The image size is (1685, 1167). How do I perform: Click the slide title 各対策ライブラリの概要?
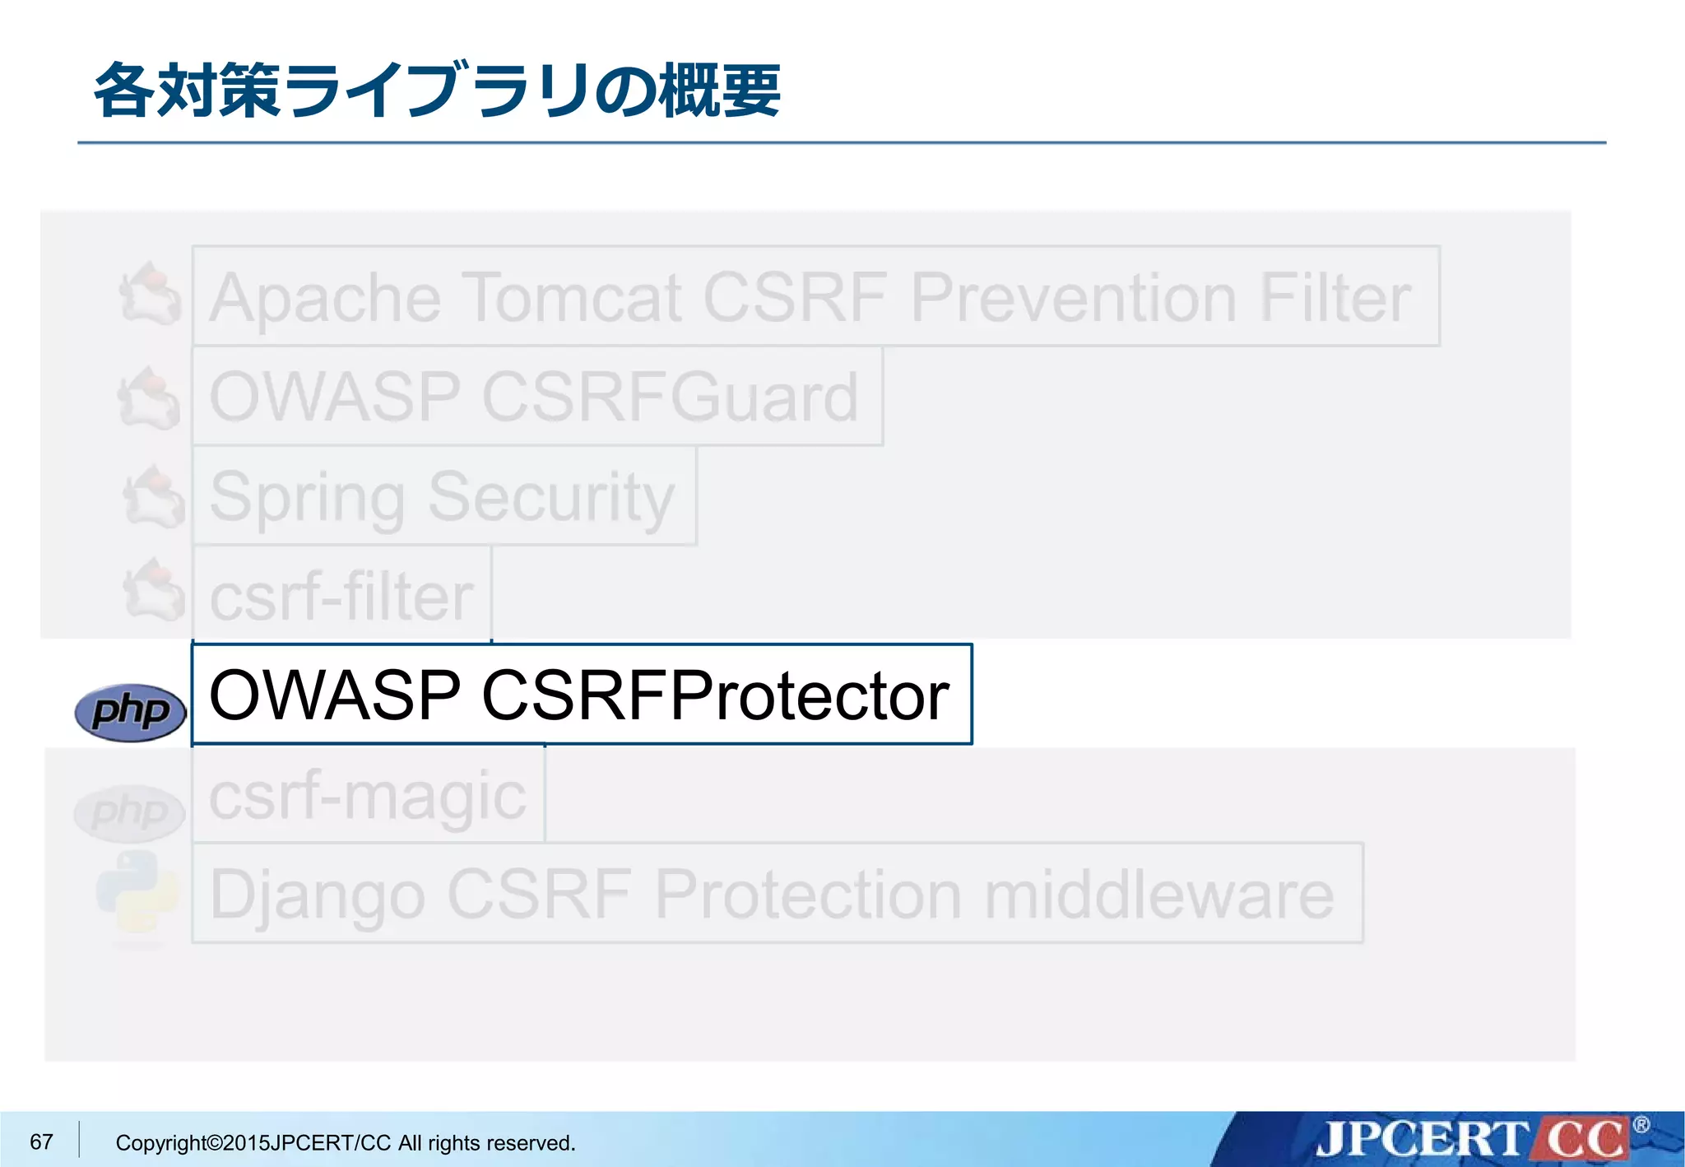tap(437, 91)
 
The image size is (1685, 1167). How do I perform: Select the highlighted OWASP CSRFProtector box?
tap(581, 695)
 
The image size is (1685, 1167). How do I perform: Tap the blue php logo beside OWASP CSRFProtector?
tap(130, 711)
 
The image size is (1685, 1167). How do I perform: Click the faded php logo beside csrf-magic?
tap(129, 812)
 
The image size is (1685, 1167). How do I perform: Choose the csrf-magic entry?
tap(368, 796)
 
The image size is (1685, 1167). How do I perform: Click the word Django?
tap(318, 895)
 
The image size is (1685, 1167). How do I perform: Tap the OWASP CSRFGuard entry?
tap(535, 397)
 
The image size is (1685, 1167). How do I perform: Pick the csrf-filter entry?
tap(341, 596)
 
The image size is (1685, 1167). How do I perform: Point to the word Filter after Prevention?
tap(1335, 297)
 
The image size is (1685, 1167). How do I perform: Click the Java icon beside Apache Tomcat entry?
tap(151, 294)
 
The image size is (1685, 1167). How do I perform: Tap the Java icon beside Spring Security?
tap(154, 495)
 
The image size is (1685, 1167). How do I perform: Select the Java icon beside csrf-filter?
tap(154, 590)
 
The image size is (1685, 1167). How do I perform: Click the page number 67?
tap(41, 1141)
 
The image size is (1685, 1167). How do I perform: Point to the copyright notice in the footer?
tap(346, 1142)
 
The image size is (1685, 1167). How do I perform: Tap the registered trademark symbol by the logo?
tap(1641, 1124)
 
